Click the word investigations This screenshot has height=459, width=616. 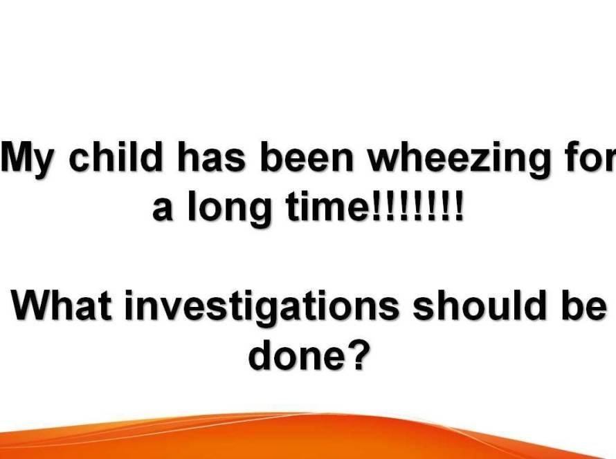point(262,309)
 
